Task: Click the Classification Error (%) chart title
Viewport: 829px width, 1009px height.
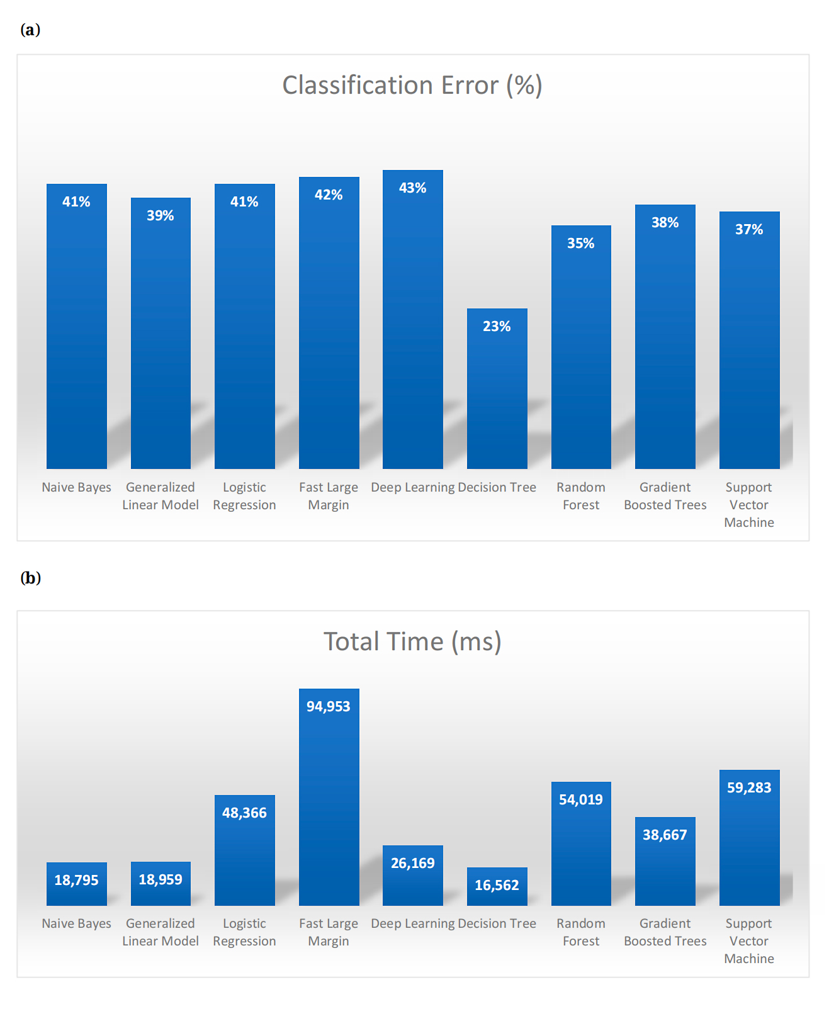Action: tap(412, 86)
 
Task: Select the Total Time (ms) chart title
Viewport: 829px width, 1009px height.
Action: tap(412, 641)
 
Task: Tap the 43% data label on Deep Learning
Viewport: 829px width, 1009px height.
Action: tap(412, 188)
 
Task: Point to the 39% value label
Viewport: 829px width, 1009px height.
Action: tap(160, 215)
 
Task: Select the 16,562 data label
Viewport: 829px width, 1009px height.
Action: tap(497, 885)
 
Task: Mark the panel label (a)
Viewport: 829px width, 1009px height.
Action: tap(30, 30)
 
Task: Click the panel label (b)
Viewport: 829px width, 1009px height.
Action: tap(30, 578)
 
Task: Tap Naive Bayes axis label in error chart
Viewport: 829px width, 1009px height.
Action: tap(76, 487)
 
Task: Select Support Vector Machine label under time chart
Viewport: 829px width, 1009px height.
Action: tap(748, 941)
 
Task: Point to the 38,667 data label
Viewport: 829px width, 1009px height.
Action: tap(665, 835)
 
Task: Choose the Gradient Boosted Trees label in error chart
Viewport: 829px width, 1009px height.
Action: tap(665, 496)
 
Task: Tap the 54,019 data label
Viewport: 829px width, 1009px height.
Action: tap(580, 799)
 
